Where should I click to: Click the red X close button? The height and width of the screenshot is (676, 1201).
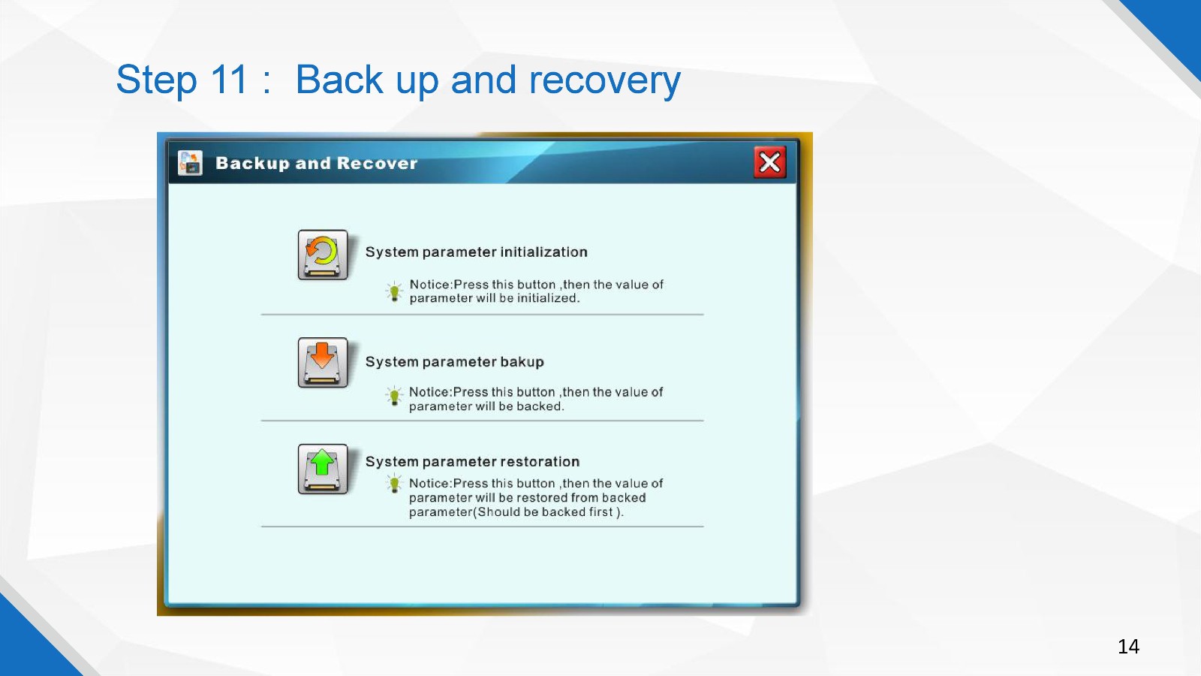tap(770, 162)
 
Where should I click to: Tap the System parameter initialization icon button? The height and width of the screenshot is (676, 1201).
tap(323, 255)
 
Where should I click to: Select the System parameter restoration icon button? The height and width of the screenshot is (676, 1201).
tap(323, 469)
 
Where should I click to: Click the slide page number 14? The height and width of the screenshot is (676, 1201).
tap(1128, 647)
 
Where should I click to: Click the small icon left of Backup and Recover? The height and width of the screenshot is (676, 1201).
tap(191, 162)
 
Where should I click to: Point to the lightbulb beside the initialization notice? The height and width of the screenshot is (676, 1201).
tap(394, 291)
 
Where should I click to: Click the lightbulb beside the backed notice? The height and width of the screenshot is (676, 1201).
tap(394, 396)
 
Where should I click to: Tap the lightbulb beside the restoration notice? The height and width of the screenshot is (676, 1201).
tap(394, 484)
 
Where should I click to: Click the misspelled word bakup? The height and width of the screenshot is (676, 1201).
tap(522, 361)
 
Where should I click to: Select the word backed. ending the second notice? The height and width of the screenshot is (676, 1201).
tap(540, 406)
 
